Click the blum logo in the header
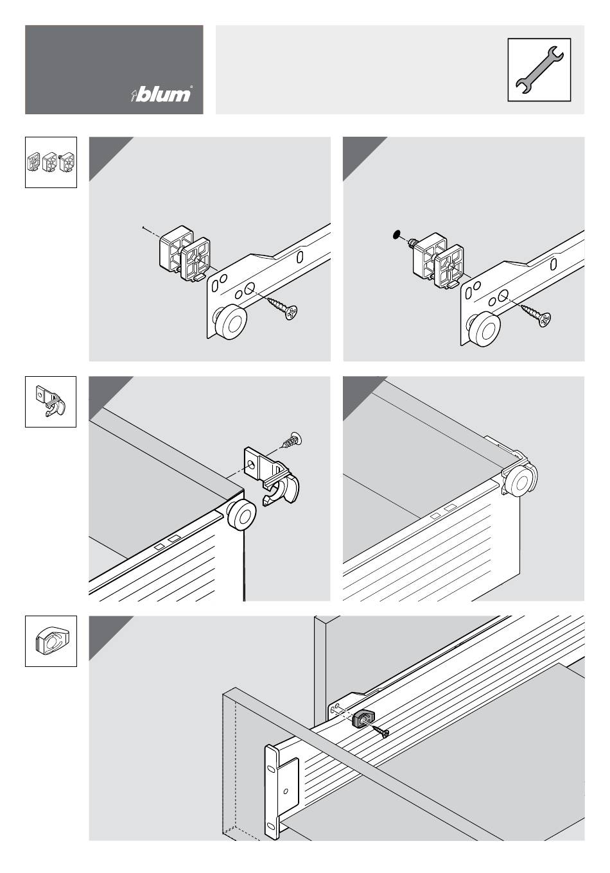[161, 94]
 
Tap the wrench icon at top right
[539, 69]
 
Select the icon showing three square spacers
[51, 162]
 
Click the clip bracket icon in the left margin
[51, 402]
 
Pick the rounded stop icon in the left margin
[51, 641]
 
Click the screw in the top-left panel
[283, 307]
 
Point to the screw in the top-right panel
[537, 315]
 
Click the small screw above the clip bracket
[292, 442]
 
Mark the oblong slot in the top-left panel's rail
[300, 256]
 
